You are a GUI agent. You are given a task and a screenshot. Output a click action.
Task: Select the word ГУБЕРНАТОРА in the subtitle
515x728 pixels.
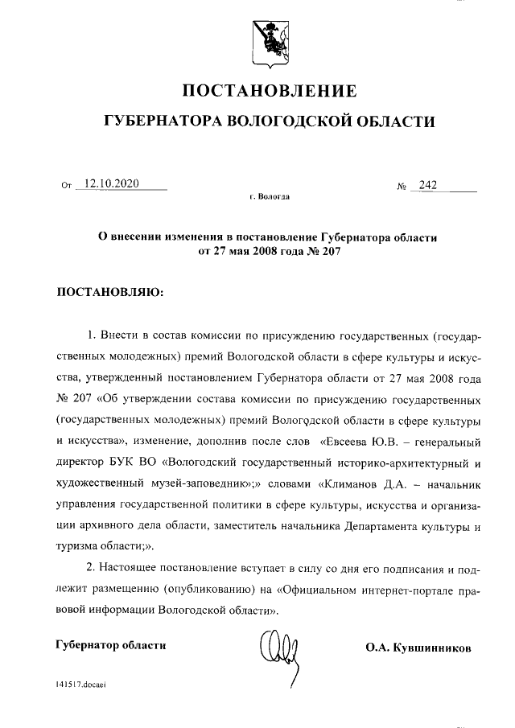tap(164, 122)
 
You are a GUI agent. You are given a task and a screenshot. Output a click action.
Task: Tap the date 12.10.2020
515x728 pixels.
tap(112, 183)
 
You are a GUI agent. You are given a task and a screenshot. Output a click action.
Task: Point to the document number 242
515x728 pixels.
tap(427, 185)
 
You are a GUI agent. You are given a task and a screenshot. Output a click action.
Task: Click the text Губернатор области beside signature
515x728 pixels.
tap(110, 645)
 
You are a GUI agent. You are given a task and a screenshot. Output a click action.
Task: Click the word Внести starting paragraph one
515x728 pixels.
tap(117, 334)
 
